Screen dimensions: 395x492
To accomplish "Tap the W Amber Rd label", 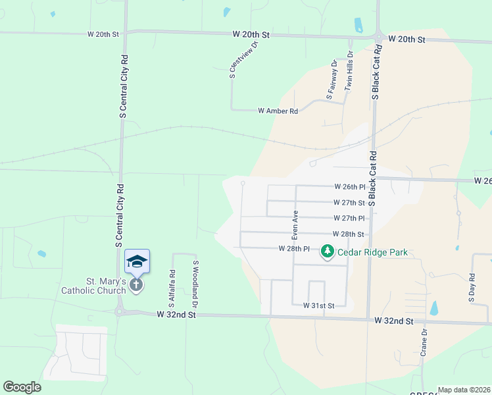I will [278, 111].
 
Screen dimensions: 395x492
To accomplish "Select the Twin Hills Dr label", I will [350, 70].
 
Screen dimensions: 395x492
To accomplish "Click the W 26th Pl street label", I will [349, 187].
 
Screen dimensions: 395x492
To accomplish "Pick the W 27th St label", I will [349, 203].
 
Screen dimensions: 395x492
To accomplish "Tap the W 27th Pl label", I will [349, 219].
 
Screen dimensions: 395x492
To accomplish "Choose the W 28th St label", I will [348, 234].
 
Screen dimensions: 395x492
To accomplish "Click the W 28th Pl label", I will [293, 249].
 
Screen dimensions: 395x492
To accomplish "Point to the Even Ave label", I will [296, 224].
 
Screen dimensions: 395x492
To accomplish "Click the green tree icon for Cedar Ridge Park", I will [328, 251].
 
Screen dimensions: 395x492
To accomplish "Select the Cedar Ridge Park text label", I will [372, 252].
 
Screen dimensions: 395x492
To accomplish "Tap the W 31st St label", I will [319, 306].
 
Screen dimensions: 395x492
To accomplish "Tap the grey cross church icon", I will [136, 285].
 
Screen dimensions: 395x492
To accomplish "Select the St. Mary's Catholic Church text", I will [93, 286].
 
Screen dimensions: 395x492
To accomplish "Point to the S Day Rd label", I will [472, 288].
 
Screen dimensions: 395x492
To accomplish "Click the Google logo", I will [22, 387].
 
